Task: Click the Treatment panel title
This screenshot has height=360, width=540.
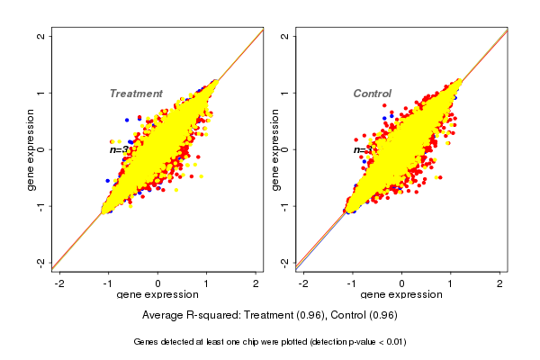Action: point(136,94)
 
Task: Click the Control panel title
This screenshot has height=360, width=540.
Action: point(372,94)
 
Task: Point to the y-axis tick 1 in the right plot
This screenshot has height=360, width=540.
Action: point(284,93)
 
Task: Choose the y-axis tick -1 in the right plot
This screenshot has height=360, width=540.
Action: point(284,206)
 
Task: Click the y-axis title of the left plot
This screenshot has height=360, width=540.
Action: point(31,149)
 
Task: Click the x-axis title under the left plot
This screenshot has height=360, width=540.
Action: point(158,295)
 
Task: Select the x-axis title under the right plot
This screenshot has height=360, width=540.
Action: point(401,295)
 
